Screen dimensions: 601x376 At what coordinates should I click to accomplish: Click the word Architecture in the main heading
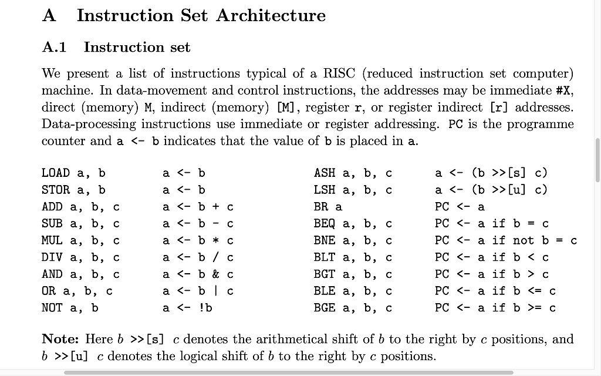(x=271, y=15)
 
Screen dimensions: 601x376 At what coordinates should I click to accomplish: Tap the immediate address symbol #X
(x=564, y=91)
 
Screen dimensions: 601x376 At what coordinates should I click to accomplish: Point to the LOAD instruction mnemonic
(x=56, y=173)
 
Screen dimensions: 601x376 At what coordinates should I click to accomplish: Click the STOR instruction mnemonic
(x=56, y=190)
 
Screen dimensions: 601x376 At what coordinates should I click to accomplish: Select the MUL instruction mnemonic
(x=52, y=240)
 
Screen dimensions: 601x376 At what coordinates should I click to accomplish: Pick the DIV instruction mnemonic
(x=52, y=257)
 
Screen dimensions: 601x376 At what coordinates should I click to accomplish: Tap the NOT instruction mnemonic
(x=52, y=307)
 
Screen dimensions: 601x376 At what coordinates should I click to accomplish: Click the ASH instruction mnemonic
(x=325, y=173)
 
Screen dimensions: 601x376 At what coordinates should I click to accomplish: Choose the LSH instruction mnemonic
(x=325, y=190)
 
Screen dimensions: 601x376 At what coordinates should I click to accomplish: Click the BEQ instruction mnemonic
(x=325, y=223)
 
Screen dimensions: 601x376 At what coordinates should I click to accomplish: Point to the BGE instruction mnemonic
(x=325, y=307)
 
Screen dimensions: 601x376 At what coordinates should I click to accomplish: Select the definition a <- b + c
(x=198, y=207)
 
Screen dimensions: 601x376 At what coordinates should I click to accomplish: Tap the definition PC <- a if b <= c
(x=495, y=291)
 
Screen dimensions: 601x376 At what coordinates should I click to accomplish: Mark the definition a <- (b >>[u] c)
(x=491, y=190)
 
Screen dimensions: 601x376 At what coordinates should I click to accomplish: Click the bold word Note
(x=60, y=340)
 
